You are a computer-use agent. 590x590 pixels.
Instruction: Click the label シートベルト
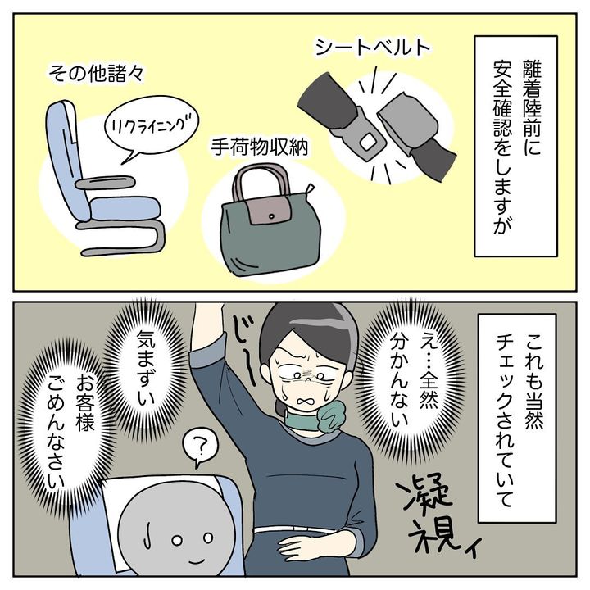coord(373,47)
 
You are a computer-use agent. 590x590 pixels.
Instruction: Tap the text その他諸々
coord(96,74)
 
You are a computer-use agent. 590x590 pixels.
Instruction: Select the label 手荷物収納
coord(259,147)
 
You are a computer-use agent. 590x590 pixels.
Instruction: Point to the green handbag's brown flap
coord(268,211)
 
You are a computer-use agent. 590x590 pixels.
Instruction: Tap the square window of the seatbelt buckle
coord(368,142)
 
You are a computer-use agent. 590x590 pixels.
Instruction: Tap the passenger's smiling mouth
coord(196,561)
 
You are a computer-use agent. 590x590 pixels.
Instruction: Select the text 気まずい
coord(146,367)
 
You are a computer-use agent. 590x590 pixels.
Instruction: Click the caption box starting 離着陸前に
coord(515,147)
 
